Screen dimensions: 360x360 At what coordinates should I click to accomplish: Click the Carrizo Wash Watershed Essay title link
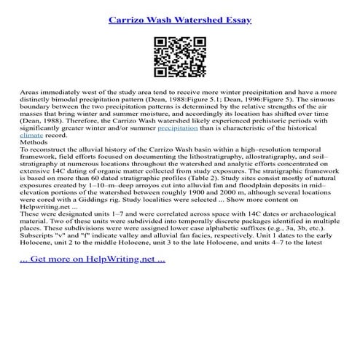click(x=179, y=15)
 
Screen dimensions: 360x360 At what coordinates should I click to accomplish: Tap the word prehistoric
click(x=248, y=118)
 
